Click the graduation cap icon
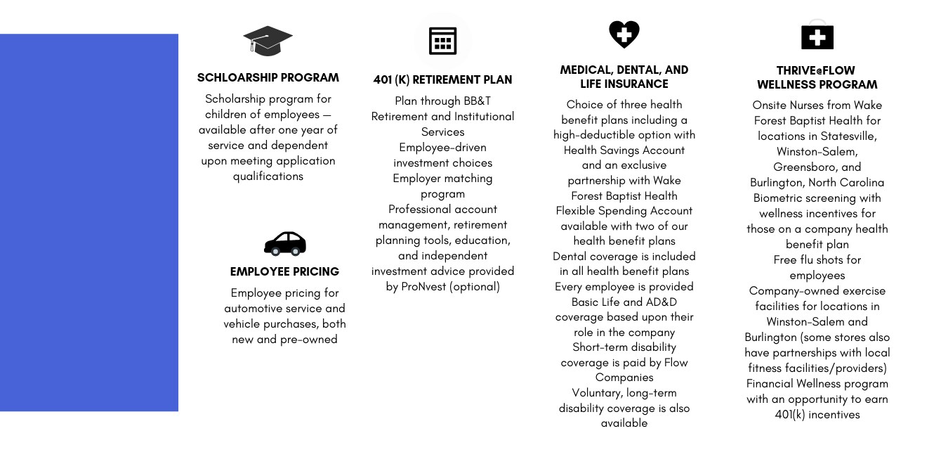[x=268, y=41]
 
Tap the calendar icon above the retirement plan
[x=442, y=41]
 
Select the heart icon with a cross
[x=624, y=33]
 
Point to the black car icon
[x=284, y=243]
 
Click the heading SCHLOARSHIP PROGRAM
[x=268, y=77]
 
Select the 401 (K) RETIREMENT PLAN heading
[x=442, y=79]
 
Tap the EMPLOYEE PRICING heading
[x=284, y=271]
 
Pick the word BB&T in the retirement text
[x=477, y=101]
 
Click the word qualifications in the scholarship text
[x=268, y=176]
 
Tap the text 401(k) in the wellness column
[x=791, y=414]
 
